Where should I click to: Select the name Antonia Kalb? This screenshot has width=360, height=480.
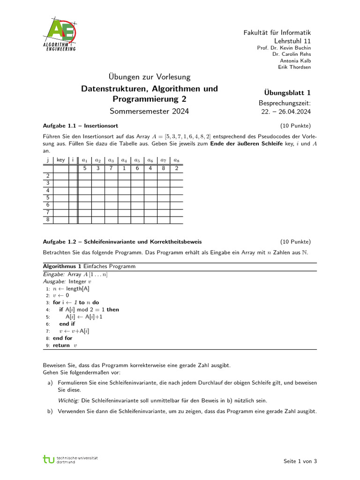[x=295, y=60]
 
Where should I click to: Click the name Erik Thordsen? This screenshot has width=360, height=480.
[x=294, y=67]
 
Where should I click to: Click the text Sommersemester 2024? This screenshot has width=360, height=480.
[x=150, y=111]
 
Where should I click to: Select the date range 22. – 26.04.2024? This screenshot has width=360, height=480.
[x=285, y=112]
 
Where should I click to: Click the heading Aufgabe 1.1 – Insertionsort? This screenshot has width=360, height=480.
[x=80, y=126]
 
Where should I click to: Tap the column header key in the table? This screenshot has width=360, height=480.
[x=61, y=160]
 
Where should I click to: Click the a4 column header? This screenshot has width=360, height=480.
[x=124, y=160]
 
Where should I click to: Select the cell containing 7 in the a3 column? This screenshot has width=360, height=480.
[x=111, y=168]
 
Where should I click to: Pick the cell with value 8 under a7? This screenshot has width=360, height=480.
[x=163, y=168]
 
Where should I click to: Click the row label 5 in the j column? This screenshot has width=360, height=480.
[x=48, y=198]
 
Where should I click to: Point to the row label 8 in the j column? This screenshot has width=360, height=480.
[x=48, y=219]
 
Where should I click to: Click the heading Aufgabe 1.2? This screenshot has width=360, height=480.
[x=122, y=242]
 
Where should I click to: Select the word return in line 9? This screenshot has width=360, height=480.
[x=62, y=345]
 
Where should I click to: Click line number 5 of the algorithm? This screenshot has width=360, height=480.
[x=48, y=317]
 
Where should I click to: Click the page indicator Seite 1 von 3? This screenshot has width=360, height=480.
[x=300, y=461]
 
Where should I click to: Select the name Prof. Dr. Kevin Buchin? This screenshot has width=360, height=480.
[x=284, y=47]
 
